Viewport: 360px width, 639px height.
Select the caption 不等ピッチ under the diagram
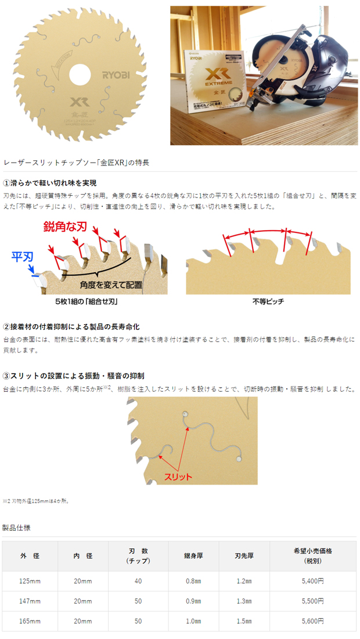268,302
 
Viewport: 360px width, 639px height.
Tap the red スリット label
179,476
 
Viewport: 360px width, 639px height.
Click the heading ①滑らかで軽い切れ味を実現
50,184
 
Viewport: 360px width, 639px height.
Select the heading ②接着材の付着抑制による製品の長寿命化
71,326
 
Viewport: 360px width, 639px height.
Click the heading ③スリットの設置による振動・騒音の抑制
73,376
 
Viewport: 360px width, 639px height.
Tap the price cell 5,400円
313,581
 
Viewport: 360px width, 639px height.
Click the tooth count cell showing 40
138,581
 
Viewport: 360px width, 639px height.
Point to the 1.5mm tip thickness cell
243,621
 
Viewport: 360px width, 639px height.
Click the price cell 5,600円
313,621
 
